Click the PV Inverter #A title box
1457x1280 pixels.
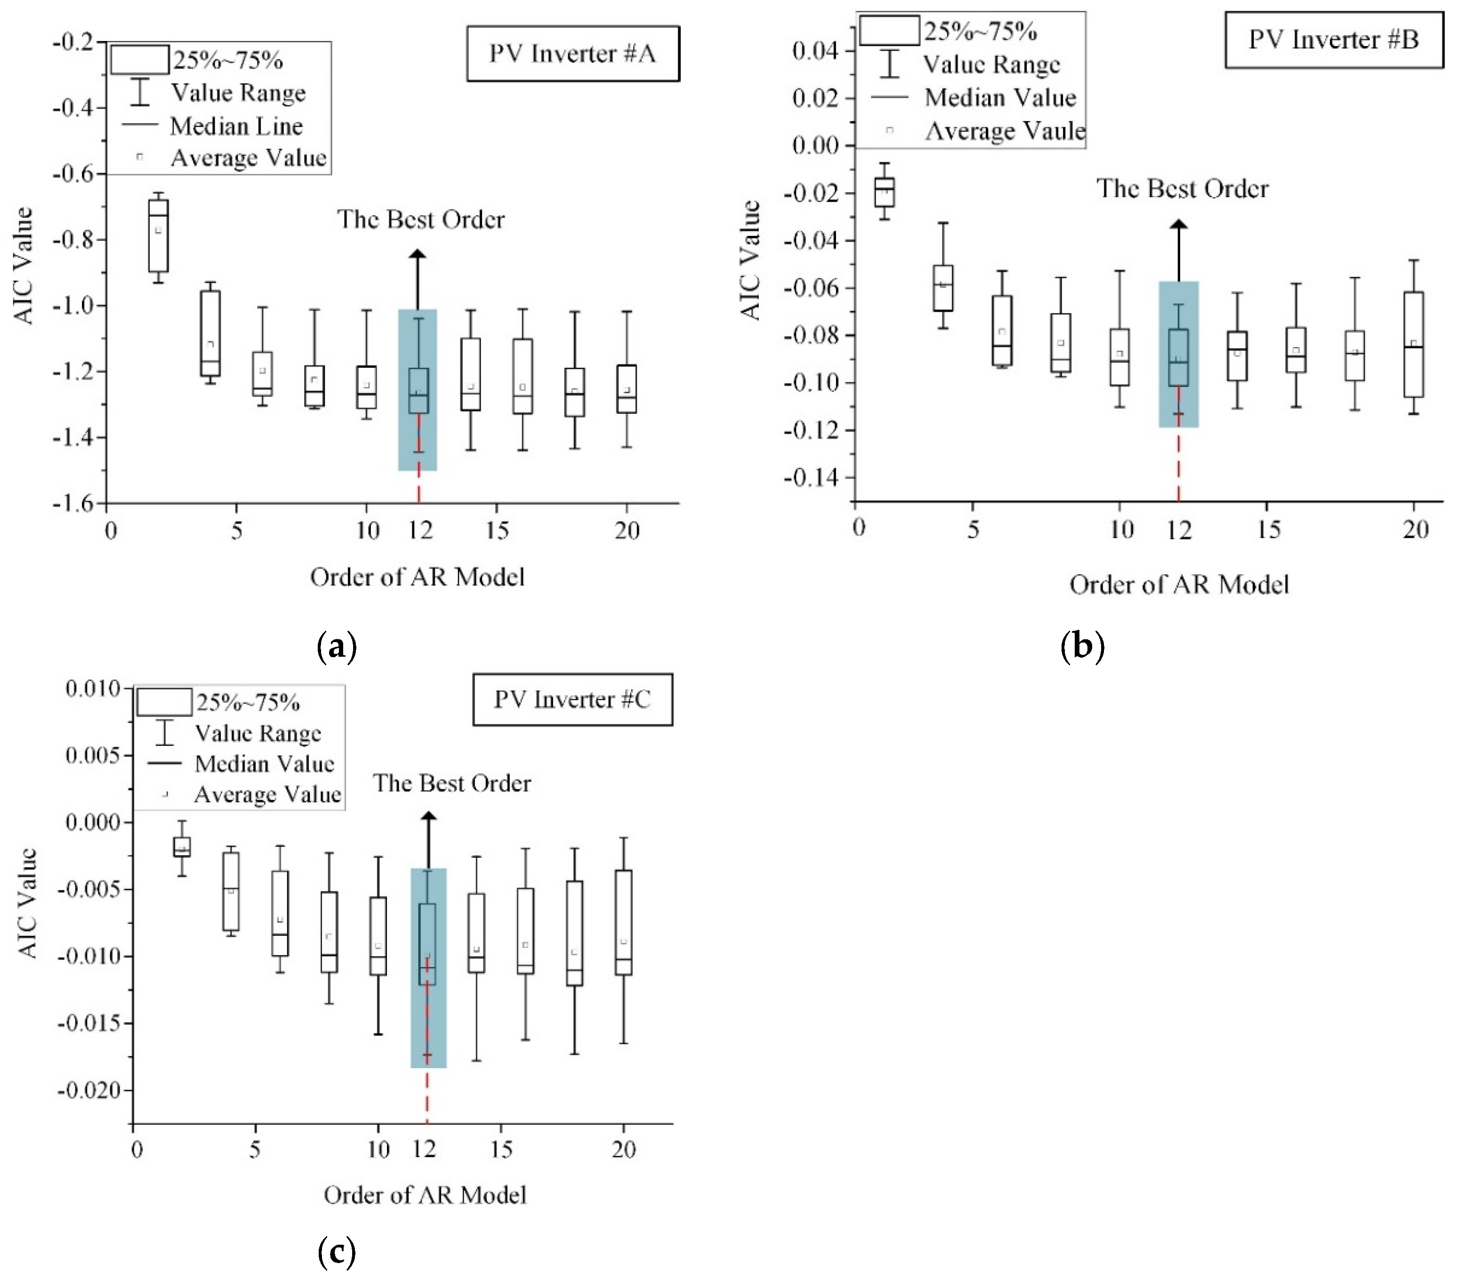point(572,54)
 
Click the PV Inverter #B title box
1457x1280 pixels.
point(1333,40)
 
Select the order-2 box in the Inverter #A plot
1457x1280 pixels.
point(158,235)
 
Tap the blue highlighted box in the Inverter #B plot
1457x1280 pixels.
point(1178,354)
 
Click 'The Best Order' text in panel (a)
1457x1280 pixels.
point(420,219)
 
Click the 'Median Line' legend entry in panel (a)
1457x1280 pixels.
point(236,126)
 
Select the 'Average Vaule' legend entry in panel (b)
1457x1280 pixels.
point(1004,131)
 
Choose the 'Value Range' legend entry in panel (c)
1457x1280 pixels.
point(258,733)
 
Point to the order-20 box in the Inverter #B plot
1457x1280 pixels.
point(1414,344)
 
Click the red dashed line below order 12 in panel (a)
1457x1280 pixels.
point(419,484)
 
